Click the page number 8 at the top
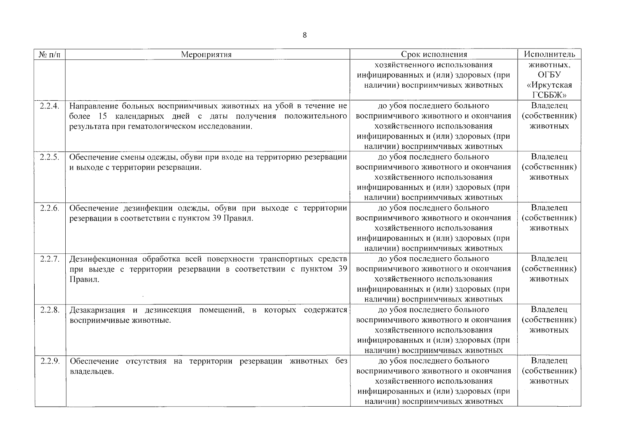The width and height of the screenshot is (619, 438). pyautogui.click(x=305, y=35)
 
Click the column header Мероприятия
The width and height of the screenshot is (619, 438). pyautogui.click(x=206, y=55)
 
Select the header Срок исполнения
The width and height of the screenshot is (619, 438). pyautogui.click(x=434, y=55)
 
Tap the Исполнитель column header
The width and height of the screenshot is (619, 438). pyautogui.click(x=549, y=54)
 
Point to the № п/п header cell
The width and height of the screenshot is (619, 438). pyautogui.click(x=50, y=55)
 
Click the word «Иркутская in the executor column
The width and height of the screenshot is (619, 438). pyautogui.click(x=549, y=85)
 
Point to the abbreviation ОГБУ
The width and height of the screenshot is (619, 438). pyautogui.click(x=549, y=75)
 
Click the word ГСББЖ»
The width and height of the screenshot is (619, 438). pyautogui.click(x=549, y=95)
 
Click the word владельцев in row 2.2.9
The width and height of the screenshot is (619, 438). pyautogui.click(x=91, y=372)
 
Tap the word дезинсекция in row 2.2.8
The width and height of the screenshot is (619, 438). pyautogui.click(x=168, y=310)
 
